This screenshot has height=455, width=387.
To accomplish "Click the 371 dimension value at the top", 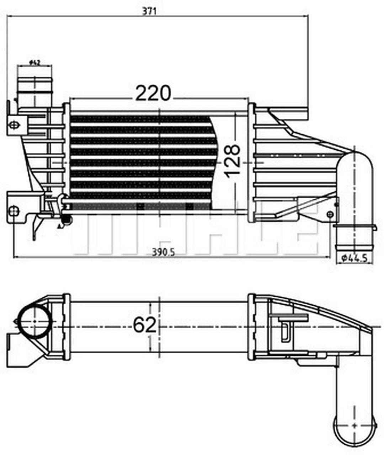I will [x=149, y=11].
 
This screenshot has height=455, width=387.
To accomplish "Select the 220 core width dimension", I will [x=153, y=93].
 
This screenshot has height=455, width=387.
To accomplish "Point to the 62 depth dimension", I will [x=144, y=324].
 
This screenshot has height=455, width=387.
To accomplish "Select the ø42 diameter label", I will [x=35, y=63].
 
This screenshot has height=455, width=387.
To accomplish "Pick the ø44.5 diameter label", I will [x=354, y=258].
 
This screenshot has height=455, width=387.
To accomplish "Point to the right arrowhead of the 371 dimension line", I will [x=307, y=15].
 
